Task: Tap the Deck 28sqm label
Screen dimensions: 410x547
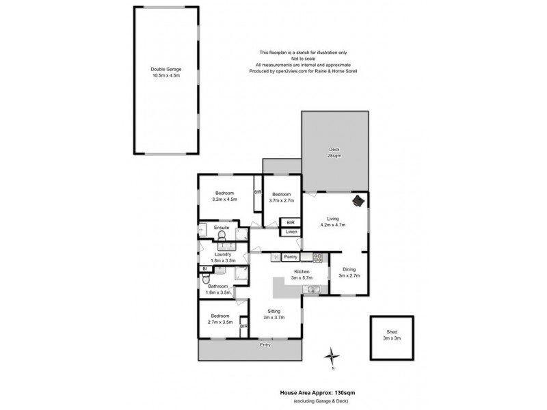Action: pyautogui.click(x=334, y=152)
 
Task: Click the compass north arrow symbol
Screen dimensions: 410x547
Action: pyautogui.click(x=333, y=356)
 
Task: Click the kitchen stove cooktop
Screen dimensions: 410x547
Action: pyautogui.click(x=317, y=258)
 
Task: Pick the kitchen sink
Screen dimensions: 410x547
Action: pyautogui.click(x=312, y=290)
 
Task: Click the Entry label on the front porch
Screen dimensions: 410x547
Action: pyautogui.click(x=265, y=345)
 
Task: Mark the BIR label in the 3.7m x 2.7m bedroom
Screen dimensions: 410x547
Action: pyautogui.click(x=291, y=223)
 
